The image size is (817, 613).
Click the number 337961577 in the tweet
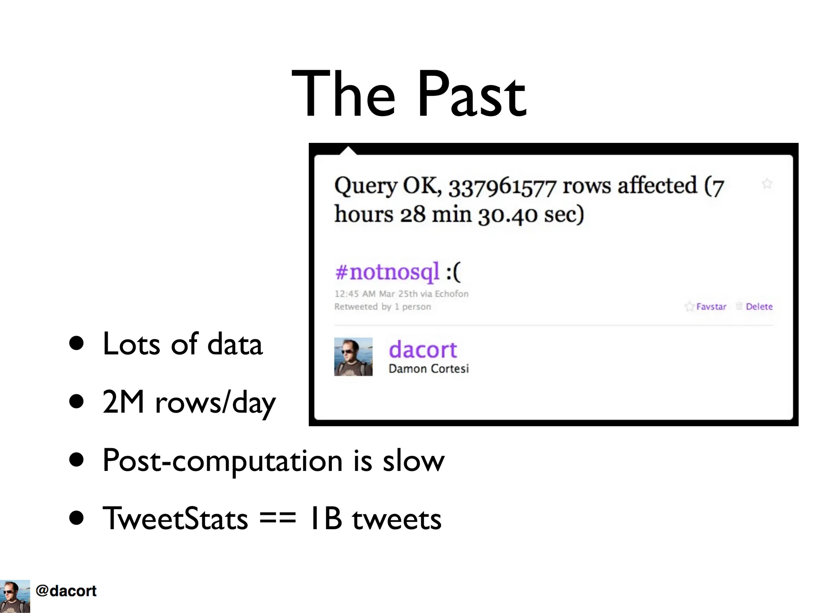tap(502, 187)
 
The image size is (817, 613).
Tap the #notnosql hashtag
tap(387, 272)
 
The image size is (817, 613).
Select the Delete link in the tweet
tap(759, 306)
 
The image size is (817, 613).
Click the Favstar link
tap(711, 306)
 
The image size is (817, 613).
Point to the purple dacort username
tap(422, 350)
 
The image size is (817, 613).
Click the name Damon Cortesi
tap(428, 368)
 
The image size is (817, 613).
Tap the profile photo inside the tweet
tap(353, 357)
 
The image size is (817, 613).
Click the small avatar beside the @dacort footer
tap(15, 596)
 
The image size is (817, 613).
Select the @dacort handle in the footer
tap(66, 591)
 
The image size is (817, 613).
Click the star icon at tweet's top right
tap(767, 184)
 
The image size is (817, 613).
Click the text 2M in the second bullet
tap(123, 402)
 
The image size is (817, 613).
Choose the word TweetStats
tap(175, 518)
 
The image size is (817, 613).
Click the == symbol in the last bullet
tap(278, 518)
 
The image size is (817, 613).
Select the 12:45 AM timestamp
tap(355, 294)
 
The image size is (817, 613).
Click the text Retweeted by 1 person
tap(383, 306)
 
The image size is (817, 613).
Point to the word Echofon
tap(451, 294)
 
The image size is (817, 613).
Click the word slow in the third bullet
tap(413, 461)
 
